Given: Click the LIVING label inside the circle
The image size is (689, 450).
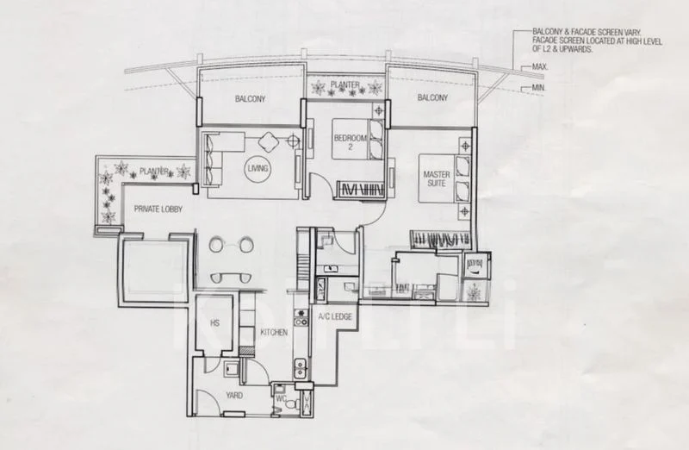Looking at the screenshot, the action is [258, 168].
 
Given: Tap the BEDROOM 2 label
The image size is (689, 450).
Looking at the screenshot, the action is [351, 142].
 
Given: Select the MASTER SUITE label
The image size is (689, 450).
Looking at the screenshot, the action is [437, 178].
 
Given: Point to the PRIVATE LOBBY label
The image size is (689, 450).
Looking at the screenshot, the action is [158, 209].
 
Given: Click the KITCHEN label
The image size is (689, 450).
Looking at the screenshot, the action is [274, 333].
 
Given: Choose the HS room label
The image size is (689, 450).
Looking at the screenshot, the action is [214, 323].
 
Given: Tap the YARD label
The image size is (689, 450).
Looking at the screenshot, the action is [234, 396].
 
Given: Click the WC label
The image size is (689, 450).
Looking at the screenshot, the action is [282, 399].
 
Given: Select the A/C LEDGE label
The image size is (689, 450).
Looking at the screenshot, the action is [335, 316].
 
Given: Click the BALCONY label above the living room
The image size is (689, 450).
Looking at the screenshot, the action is [250, 99].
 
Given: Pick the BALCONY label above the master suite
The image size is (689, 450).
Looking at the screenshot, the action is [433, 97].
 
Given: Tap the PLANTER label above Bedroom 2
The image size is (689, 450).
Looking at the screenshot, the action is [345, 84].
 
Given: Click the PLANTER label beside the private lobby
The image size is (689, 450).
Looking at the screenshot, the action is [154, 171].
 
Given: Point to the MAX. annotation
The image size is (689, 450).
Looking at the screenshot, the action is [540, 67].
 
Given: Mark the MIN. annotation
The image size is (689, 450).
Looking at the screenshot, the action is [539, 88].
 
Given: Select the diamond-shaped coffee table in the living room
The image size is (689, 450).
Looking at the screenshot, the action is [269, 142].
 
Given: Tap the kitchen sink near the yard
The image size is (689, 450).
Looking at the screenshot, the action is [301, 368].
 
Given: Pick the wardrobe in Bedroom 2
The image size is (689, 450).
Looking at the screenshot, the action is [359, 190].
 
